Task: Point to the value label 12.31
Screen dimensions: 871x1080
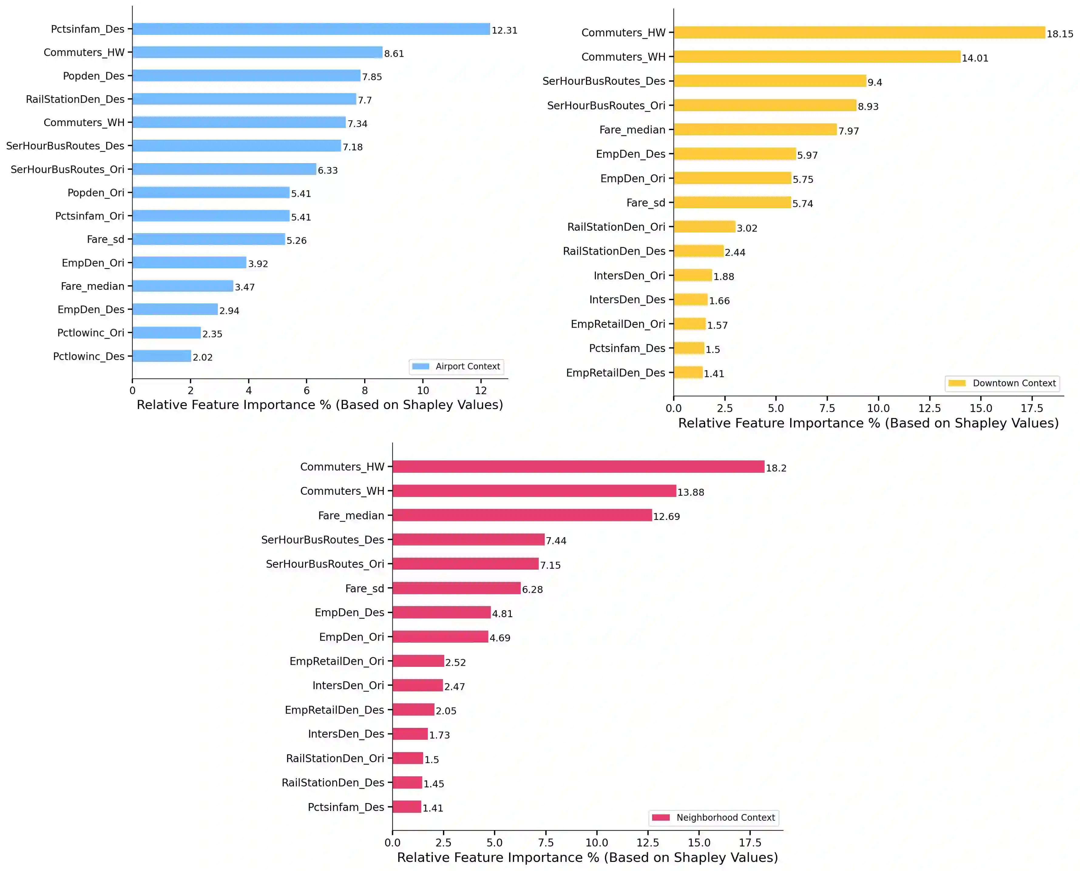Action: (504, 30)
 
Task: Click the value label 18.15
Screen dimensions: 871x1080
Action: (1059, 34)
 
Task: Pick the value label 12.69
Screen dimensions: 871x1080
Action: (666, 516)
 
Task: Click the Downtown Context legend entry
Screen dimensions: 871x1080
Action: (1002, 383)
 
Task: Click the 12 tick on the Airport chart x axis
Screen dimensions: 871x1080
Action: (481, 390)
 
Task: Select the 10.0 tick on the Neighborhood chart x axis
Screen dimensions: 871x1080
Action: (597, 843)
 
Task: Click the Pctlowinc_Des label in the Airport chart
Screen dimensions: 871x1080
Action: (89, 356)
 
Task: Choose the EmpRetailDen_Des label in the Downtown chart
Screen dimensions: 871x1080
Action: (616, 373)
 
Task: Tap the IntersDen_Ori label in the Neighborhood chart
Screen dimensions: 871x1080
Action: (348, 685)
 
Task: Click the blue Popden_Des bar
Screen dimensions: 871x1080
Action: (246, 76)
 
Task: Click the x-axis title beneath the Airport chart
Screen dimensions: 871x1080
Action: (320, 405)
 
